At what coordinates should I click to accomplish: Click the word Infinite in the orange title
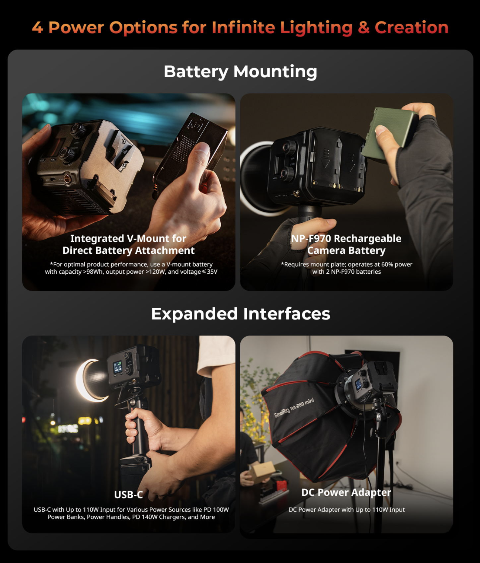[x=243, y=27]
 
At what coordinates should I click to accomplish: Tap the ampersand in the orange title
[x=364, y=27]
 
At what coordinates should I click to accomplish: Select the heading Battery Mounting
[x=240, y=72]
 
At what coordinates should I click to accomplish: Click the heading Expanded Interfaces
[x=240, y=314]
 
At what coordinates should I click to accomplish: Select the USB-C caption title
[x=128, y=495]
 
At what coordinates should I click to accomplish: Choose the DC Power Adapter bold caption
[x=347, y=492]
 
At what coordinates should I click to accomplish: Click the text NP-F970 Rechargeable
[x=347, y=238]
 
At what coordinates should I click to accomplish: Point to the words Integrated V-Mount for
[x=128, y=238]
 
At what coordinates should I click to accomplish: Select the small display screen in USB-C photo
[x=118, y=367]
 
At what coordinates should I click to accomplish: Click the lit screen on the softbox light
[x=358, y=384]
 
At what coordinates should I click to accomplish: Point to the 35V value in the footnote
[x=212, y=272]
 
